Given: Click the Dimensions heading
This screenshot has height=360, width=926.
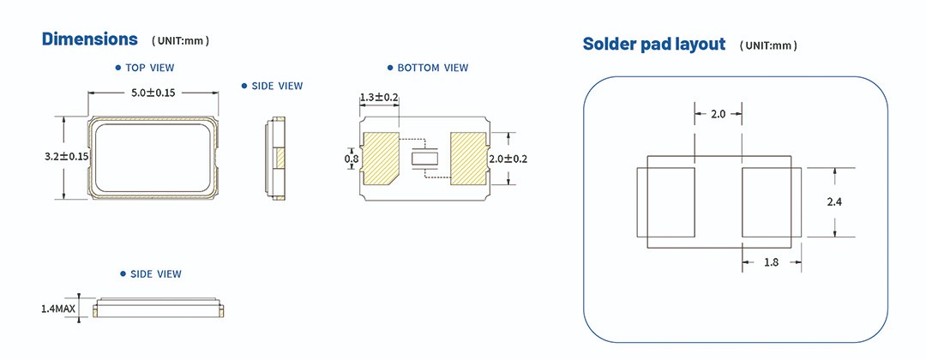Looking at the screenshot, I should pos(90,39).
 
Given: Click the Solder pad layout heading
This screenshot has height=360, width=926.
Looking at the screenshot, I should pos(653,45).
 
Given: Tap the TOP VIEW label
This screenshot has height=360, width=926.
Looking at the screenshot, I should pos(150,68).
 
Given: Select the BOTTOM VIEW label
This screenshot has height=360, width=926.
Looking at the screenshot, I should pos(432,68).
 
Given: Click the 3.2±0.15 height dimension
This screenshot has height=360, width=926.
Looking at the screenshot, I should pos(68,157).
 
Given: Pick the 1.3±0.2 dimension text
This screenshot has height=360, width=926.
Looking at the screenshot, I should pos(379,98).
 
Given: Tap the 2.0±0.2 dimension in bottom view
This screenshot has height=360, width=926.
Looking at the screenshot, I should pos(508,159).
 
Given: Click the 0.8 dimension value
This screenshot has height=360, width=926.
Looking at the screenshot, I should pos(352,159).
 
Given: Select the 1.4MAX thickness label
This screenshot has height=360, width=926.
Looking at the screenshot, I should pos(58,309).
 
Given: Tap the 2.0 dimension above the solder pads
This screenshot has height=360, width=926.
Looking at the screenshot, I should pos(718,114).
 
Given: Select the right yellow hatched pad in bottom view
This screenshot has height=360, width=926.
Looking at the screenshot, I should pos(467,158).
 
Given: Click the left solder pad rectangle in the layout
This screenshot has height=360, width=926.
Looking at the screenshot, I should pos(665,203).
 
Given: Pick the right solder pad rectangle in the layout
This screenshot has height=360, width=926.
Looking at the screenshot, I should pos(772,203).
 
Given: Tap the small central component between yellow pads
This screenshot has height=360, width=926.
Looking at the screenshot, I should pos(424,159).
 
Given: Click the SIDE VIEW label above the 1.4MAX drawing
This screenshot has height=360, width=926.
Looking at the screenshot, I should pos(155,274).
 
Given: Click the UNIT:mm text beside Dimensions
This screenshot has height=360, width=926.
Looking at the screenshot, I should pos(180,41).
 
